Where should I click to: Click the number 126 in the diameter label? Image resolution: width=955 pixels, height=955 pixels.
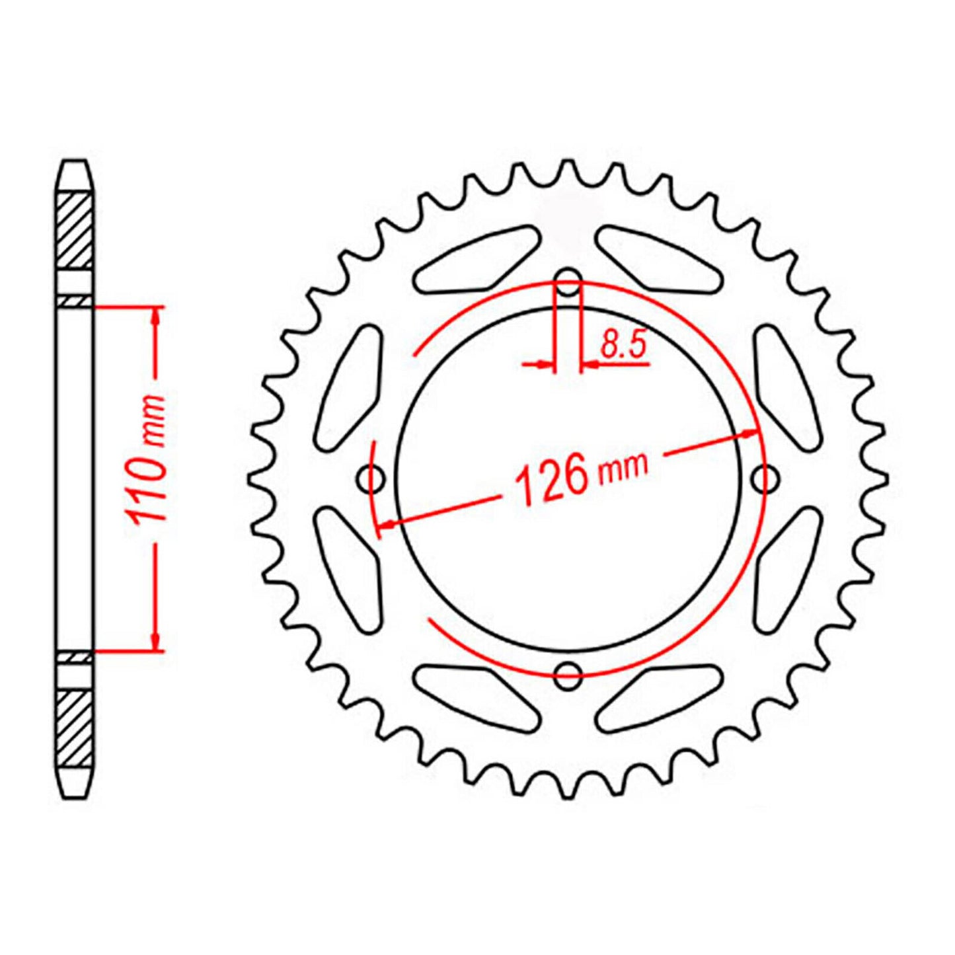click(551, 478)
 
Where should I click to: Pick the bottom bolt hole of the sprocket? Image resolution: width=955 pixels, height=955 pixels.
click(568, 674)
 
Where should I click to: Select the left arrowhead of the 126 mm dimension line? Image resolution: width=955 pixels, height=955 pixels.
click(386, 524)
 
